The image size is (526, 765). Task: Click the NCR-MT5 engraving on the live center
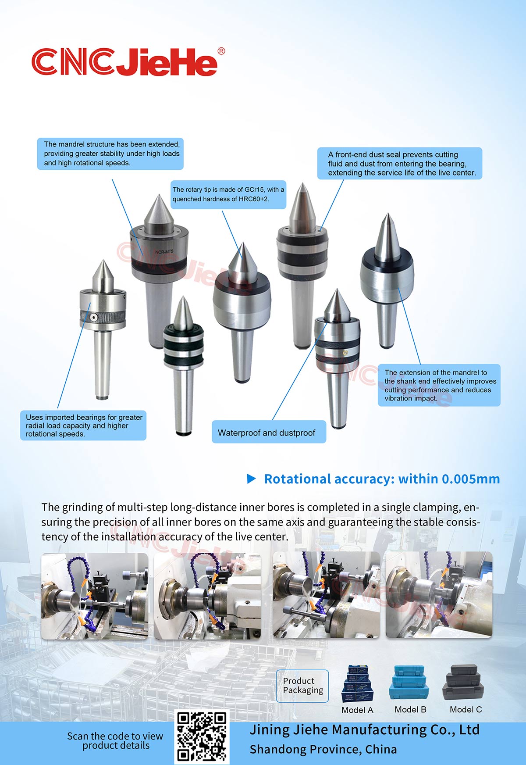(164, 252)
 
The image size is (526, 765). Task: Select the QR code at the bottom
(202, 737)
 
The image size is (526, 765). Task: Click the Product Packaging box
(302, 686)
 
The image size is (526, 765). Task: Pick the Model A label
(357, 710)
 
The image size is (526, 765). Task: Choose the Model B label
(410, 709)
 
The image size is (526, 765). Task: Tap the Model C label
(466, 709)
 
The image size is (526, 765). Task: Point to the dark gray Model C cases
(465, 682)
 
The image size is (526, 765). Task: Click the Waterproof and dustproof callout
(269, 432)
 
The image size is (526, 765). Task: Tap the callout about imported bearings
(83, 425)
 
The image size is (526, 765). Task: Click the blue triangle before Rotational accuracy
(252, 479)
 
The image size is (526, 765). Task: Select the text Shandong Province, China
(323, 749)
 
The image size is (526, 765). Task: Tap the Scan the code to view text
(115, 736)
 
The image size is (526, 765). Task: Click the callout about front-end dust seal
(400, 164)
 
